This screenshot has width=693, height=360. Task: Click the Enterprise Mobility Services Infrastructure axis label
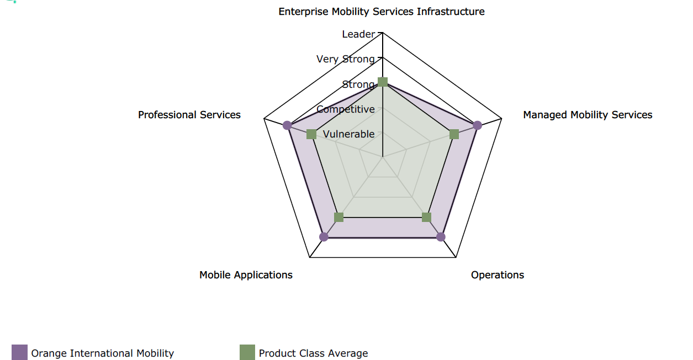tap(382, 12)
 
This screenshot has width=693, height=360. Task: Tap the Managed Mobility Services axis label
tap(588, 115)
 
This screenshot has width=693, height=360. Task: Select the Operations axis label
tap(498, 275)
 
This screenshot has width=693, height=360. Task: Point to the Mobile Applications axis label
tap(246, 275)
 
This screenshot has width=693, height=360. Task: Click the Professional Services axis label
tap(189, 115)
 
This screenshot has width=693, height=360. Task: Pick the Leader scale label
tap(358, 34)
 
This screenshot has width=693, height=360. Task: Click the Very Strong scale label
tap(346, 59)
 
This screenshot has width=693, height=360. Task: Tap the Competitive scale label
tap(346, 109)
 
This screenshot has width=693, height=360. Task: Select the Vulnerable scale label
tap(348, 134)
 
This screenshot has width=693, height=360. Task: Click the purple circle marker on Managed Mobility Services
tap(478, 125)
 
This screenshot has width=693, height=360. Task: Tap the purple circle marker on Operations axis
tap(441, 237)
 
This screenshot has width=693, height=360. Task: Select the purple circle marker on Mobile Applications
tap(324, 237)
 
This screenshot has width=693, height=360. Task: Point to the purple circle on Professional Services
tap(287, 125)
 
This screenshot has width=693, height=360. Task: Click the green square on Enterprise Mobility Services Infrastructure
tap(383, 83)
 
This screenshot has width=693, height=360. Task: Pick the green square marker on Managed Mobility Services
tap(454, 134)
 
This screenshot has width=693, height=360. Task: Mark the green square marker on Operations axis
tap(426, 217)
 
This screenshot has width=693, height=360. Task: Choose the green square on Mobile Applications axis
tap(339, 217)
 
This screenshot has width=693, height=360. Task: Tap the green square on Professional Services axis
tap(311, 134)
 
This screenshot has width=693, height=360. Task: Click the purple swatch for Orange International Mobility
tap(19, 352)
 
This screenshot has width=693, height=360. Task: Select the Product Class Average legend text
tap(313, 353)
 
